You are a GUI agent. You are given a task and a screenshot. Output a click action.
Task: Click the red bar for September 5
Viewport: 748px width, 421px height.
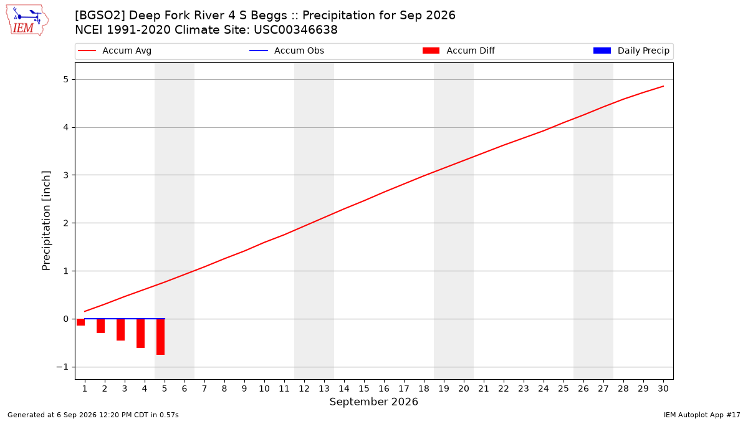(160, 337)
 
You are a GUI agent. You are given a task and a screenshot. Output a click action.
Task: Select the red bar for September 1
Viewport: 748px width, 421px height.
(80, 322)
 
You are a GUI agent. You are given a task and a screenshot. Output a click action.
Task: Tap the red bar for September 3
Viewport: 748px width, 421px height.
(120, 330)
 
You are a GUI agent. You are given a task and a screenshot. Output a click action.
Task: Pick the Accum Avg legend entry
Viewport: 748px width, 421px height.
(115, 51)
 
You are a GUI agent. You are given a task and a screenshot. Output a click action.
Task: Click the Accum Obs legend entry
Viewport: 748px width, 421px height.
(287, 51)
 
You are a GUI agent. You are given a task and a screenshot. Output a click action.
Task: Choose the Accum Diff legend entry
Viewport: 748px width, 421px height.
(459, 51)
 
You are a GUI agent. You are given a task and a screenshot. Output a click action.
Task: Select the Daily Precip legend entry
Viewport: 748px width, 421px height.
(631, 51)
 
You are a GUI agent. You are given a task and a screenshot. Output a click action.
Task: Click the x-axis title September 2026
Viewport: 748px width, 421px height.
(373, 402)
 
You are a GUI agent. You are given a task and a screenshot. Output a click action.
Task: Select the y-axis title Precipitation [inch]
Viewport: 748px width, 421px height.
(46, 221)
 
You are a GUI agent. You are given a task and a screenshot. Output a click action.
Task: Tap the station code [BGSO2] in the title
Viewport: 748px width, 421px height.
(100, 16)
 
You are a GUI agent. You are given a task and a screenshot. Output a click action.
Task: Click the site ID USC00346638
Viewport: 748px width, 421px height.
(295, 30)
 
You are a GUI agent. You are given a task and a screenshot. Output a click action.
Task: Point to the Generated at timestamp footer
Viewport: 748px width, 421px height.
(93, 415)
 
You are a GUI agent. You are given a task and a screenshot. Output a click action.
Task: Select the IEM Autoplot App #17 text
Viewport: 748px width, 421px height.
(702, 415)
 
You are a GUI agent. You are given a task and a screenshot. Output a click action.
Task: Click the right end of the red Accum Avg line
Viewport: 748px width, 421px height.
(663, 86)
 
